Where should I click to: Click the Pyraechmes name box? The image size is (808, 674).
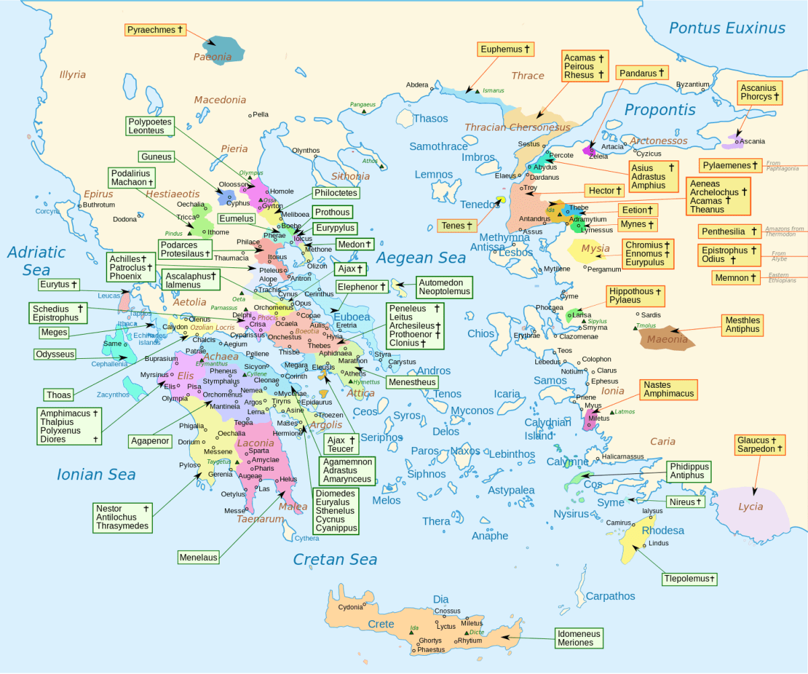[x=155, y=30]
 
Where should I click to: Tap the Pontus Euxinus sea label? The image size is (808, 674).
[x=727, y=28]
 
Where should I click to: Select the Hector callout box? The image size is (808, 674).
[x=601, y=191]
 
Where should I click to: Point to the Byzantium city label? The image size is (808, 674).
[x=692, y=84]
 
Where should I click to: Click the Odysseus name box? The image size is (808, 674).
[x=55, y=354]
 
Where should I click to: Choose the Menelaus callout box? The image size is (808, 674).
[x=199, y=557]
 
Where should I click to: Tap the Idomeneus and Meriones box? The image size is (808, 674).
[x=578, y=638]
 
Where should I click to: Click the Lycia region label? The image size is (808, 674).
[x=750, y=506]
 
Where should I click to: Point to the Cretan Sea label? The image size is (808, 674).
[x=335, y=559]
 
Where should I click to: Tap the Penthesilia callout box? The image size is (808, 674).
[x=729, y=232]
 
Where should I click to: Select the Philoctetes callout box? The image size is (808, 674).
[x=335, y=193]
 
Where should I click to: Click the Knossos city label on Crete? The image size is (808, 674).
[x=447, y=611]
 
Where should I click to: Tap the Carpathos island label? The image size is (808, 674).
[x=610, y=596]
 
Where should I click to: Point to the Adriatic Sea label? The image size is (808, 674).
[x=36, y=261]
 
